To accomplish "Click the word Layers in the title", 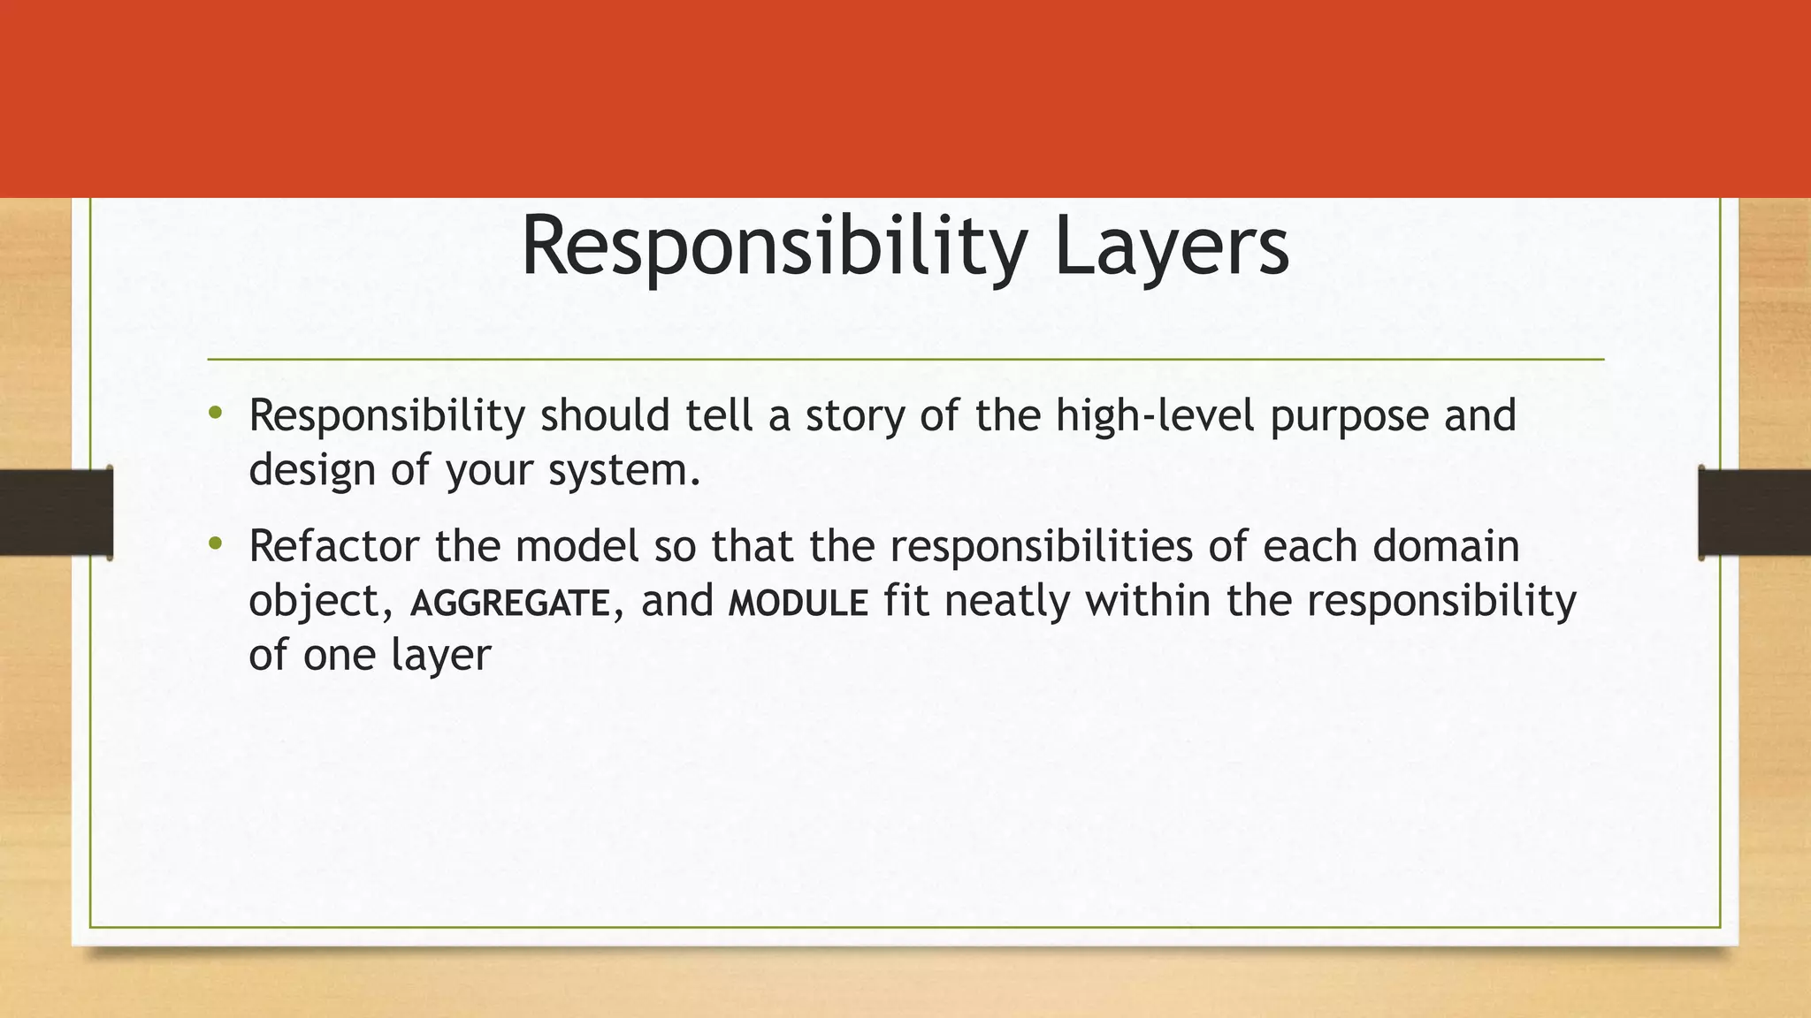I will pos(1171,247).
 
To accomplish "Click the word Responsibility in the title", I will pos(774,247).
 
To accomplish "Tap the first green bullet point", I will pos(215,413).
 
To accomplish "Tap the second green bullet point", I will pos(215,544).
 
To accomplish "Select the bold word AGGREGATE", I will pos(510,604).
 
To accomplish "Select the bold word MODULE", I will pos(798,604).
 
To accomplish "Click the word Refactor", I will pos(333,546).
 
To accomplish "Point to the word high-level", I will pos(1154,415).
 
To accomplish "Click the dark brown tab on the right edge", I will pos(1754,513).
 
